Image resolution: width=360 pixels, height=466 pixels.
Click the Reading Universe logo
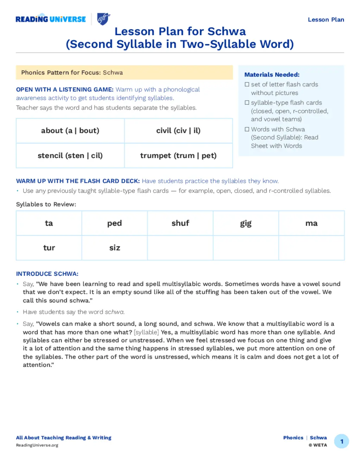[51, 19]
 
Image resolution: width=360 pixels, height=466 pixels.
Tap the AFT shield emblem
[103, 19]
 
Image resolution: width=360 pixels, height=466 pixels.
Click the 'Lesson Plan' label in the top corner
[326, 20]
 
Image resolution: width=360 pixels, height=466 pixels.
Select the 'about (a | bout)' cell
[70, 131]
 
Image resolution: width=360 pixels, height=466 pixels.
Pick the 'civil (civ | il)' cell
[178, 131]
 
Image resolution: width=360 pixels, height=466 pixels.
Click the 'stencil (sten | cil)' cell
[70, 155]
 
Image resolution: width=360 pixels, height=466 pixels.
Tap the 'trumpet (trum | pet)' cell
[178, 155]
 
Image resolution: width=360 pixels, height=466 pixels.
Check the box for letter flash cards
[247, 84]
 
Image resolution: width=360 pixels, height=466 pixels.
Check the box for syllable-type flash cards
[247, 103]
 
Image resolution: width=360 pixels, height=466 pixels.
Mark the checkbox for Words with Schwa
[247, 129]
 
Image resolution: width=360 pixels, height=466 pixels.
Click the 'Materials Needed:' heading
[272, 75]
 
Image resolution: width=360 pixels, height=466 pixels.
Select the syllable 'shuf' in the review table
[180, 223]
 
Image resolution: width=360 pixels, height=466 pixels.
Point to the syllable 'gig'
[246, 223]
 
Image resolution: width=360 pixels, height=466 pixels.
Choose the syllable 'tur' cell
[49, 248]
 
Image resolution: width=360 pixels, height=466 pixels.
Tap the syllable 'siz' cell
[115, 248]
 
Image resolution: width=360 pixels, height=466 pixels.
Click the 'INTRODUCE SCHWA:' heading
[47, 274]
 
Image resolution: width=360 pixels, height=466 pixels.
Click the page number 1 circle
[341, 441]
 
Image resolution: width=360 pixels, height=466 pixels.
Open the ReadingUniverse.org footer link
[37, 445]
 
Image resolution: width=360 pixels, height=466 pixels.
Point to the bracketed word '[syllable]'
[146, 332]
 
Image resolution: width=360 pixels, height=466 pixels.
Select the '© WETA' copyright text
[318, 445]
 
